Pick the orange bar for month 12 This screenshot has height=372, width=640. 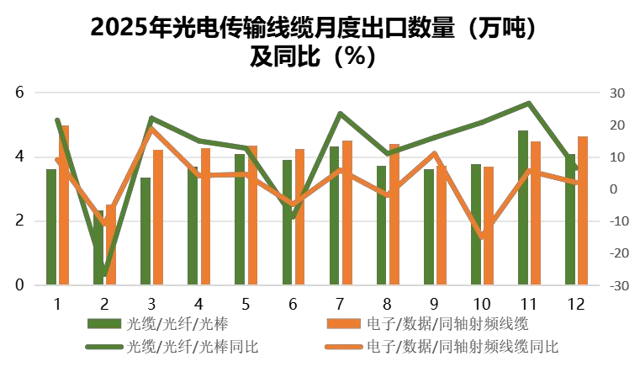(582, 210)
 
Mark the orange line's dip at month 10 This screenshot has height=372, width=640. (482, 237)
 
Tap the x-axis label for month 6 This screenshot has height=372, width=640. (293, 302)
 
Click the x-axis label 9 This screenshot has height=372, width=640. (434, 302)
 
